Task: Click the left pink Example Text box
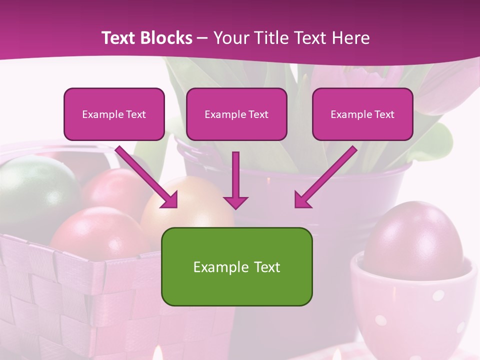click(x=114, y=114)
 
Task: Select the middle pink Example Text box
click(x=236, y=114)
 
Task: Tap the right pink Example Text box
click(x=362, y=114)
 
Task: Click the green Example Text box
click(x=236, y=266)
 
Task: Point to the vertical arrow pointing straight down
click(x=235, y=180)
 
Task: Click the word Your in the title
click(x=228, y=38)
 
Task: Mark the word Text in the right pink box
click(x=384, y=114)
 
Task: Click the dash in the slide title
click(x=202, y=38)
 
